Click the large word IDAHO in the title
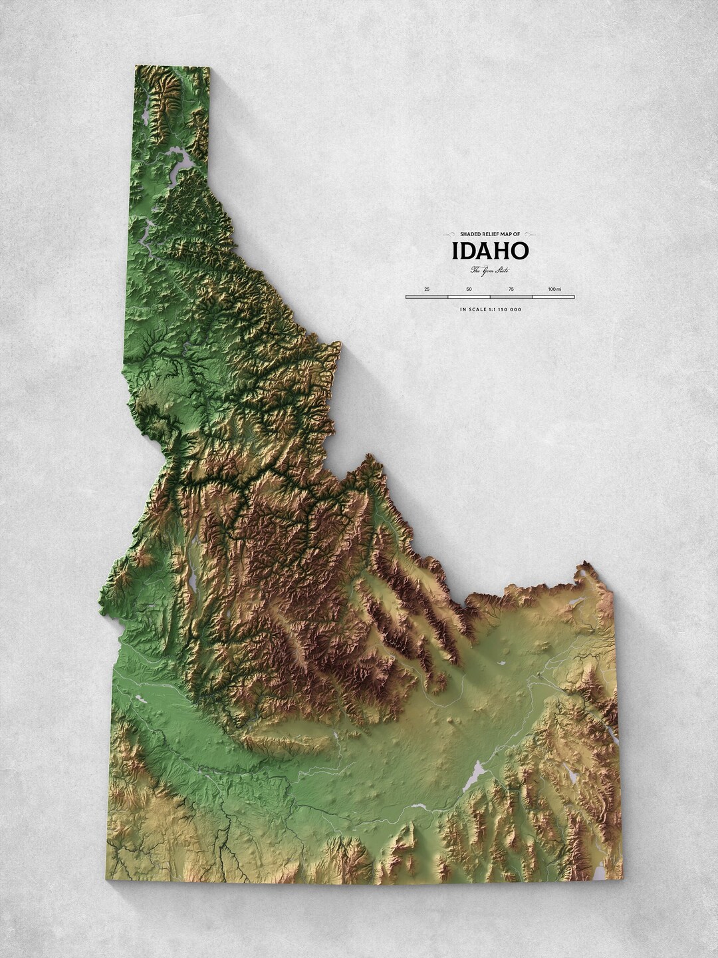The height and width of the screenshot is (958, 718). [x=490, y=251]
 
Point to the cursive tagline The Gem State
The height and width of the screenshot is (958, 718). [x=490, y=269]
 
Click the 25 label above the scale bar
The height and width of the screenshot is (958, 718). [x=427, y=289]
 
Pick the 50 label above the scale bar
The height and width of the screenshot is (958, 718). [x=469, y=289]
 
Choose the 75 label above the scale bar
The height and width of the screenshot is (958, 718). [x=511, y=289]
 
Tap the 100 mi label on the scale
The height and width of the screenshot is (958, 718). [x=554, y=289]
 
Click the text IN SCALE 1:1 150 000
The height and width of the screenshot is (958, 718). [x=490, y=309]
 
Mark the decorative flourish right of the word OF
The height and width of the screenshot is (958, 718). [x=533, y=234]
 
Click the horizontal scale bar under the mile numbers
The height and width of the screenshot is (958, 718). [x=490, y=297]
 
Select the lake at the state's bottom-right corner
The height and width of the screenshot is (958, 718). [x=600, y=870]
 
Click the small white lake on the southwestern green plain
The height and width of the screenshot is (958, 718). [x=141, y=699]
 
